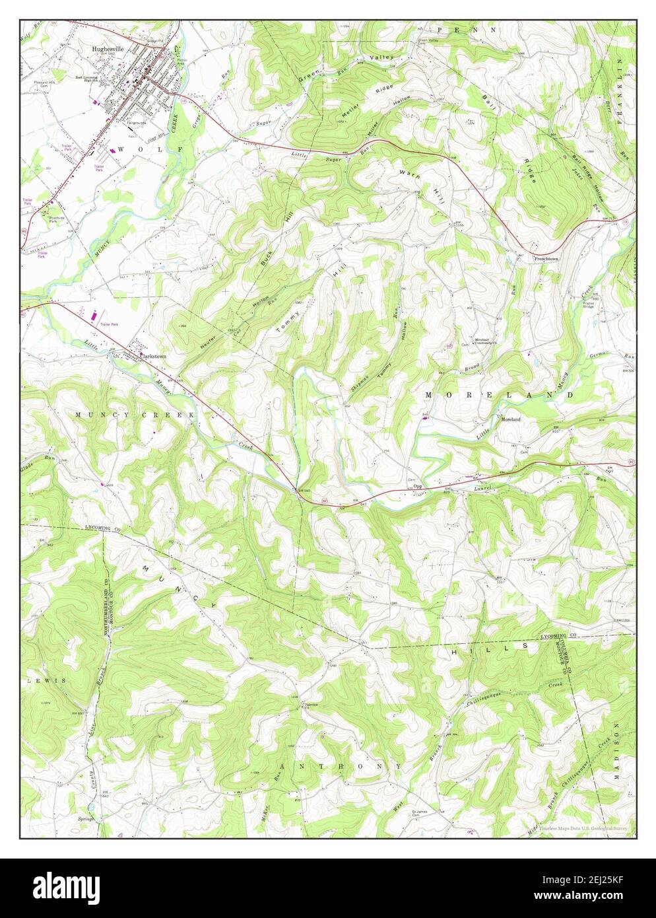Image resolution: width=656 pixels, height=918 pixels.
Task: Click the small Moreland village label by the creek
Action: coord(510,419)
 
